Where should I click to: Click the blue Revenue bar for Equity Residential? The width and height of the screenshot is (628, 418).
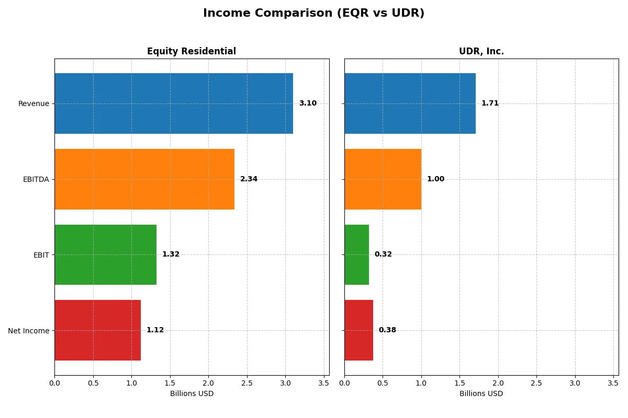tap(174, 103)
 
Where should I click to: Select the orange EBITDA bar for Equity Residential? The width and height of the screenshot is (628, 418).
tap(144, 179)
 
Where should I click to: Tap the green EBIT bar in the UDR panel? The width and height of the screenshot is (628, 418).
tap(356, 254)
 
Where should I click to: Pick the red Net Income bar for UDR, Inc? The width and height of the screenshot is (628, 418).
tap(358, 330)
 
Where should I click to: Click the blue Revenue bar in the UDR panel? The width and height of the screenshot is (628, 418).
tap(410, 103)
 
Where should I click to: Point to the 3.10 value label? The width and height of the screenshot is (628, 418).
tap(308, 103)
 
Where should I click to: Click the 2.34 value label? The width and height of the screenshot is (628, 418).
tap(249, 179)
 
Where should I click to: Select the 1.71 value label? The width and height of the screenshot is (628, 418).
tap(490, 103)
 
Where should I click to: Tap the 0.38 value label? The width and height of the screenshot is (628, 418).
tap(387, 330)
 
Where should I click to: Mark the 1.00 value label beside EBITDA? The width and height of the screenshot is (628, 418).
tap(435, 179)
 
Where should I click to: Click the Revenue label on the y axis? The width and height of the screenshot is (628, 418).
tap(33, 103)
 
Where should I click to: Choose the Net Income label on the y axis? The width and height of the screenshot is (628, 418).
tap(29, 331)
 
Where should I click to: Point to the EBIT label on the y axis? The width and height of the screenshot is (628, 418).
tap(41, 255)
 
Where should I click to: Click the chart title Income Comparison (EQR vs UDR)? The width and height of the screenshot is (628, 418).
tap(313, 14)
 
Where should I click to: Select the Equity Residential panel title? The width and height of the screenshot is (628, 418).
tap(192, 51)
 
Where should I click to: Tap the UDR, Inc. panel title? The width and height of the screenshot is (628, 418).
tap(481, 51)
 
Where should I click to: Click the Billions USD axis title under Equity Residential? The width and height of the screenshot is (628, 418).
tap(192, 393)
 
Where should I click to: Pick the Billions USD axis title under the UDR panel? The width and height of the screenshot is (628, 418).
tap(481, 393)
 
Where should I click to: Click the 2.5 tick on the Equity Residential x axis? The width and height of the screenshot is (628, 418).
tap(247, 383)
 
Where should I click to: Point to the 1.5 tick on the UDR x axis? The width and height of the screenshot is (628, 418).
tap(459, 383)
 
